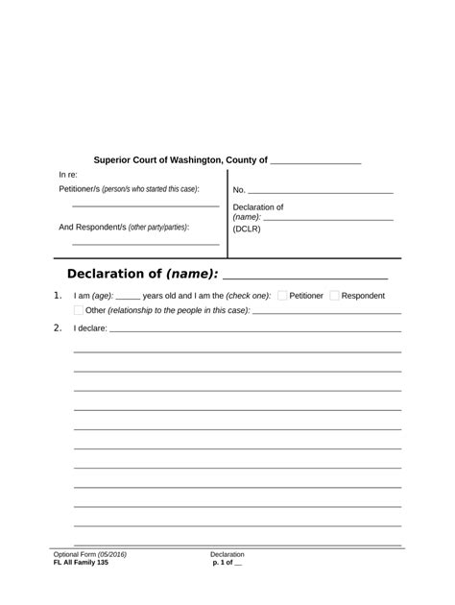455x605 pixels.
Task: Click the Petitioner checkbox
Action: (282, 296)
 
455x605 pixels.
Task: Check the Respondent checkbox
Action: (334, 296)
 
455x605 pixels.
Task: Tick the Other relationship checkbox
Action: (79, 310)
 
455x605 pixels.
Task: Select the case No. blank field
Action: (321, 192)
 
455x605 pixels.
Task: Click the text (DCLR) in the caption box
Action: (247, 229)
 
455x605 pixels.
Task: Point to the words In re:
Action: (68, 175)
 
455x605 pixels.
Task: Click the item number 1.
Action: (59, 295)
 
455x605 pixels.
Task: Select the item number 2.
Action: (59, 327)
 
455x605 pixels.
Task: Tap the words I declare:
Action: (90, 328)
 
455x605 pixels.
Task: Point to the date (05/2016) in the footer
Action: (111, 555)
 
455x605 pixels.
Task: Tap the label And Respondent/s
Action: (92, 228)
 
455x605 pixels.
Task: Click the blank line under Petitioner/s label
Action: (145, 206)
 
